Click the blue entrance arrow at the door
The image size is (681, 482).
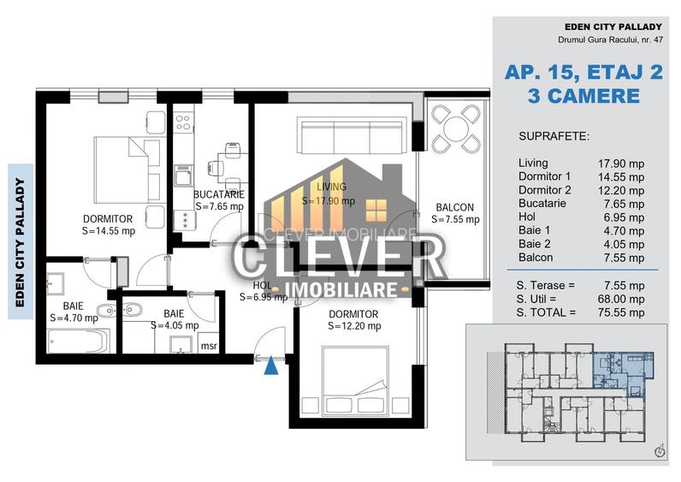pyautogui.click(x=271, y=366)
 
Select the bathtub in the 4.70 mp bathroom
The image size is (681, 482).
pyautogui.click(x=78, y=342)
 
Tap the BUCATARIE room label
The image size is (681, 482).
pyautogui.click(x=219, y=194)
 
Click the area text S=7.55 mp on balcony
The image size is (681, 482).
pyautogui.click(x=455, y=220)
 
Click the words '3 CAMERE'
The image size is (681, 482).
pyautogui.click(x=583, y=96)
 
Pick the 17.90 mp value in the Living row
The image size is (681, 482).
pyautogui.click(x=620, y=164)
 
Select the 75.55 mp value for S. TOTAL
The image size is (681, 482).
pyautogui.click(x=620, y=313)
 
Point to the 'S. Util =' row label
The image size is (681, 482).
pyautogui.click(x=541, y=299)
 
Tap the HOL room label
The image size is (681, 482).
pyautogui.click(x=264, y=285)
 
